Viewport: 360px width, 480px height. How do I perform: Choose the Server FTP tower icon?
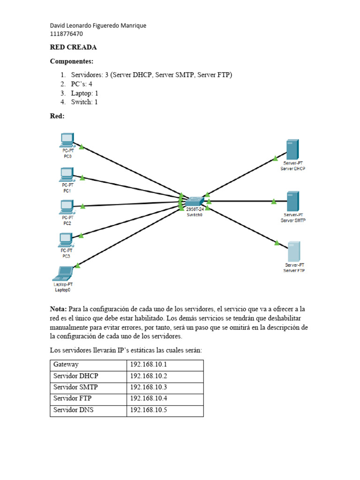[293, 252]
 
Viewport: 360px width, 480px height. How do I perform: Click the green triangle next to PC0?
[82, 147]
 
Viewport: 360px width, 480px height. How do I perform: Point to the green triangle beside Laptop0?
[78, 266]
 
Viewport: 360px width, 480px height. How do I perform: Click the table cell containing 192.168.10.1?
[165, 365]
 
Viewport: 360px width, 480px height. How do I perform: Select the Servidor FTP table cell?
[88, 399]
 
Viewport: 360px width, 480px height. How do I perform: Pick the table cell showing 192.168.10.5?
[165, 411]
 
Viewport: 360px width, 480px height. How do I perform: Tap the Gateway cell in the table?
[88, 365]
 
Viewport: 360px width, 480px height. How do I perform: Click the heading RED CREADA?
[74, 48]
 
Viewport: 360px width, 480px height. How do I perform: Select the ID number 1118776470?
[67, 34]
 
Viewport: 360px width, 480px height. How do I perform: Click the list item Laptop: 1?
[84, 93]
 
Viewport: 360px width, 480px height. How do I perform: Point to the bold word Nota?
[59, 309]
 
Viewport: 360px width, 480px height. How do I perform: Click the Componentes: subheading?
[72, 61]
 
